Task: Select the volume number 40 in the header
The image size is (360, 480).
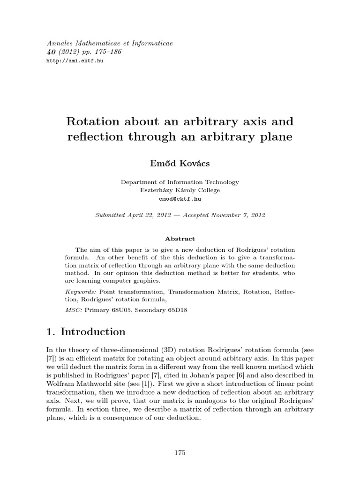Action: (52, 52)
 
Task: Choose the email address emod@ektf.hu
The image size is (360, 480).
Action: (180, 199)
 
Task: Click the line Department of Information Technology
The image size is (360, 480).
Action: (180, 182)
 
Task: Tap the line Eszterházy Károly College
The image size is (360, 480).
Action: (180, 190)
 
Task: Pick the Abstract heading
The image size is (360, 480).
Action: (180, 239)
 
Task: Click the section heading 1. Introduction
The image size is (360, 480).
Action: (86, 332)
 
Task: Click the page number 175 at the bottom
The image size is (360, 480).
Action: (180, 452)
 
